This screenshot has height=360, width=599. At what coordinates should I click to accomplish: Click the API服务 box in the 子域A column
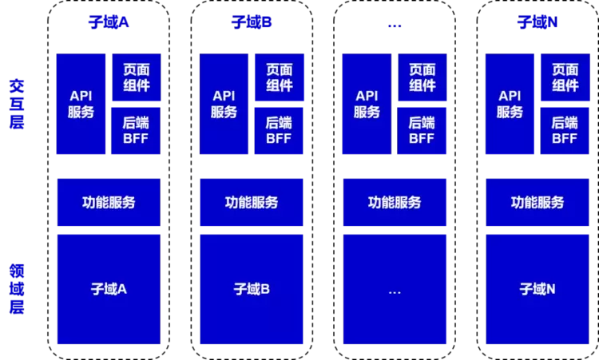81,104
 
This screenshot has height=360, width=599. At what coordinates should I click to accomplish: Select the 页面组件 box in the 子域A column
136,77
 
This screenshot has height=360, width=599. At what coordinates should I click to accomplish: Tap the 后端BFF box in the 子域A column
136,130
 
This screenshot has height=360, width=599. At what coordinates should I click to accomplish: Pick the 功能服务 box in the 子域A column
109,202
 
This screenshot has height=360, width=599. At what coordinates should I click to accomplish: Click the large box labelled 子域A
109,289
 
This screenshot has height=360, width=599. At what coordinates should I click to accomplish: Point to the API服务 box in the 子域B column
224,104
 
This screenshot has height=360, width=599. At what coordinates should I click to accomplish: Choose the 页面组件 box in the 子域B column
279,77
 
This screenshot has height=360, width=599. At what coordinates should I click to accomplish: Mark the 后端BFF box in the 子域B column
279,130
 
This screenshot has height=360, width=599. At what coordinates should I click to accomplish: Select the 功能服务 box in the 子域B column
252,202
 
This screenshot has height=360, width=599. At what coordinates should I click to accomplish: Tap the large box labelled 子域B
252,289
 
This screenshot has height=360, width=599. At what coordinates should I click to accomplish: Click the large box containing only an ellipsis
395,289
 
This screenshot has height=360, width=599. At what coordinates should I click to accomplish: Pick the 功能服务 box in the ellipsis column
395,202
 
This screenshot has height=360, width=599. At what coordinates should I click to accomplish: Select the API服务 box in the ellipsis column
367,104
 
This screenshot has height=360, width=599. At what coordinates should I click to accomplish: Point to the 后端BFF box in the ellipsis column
422,130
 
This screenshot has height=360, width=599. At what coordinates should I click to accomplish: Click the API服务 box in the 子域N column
510,104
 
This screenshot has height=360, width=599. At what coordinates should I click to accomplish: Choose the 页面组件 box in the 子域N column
565,77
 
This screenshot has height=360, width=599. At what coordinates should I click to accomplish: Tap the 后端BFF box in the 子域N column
565,130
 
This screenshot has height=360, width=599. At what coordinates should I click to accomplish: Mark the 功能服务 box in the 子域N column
538,202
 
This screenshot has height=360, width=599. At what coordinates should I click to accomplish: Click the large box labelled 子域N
538,289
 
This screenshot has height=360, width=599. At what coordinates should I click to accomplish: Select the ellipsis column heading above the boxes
395,25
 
